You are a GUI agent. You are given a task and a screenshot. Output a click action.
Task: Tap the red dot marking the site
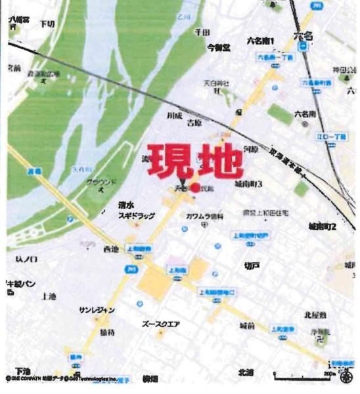pos(195,188)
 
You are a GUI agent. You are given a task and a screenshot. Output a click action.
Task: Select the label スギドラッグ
pos(135,215)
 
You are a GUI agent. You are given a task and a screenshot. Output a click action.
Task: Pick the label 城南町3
pos(247,185)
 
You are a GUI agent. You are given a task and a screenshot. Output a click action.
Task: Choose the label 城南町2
pos(322,227)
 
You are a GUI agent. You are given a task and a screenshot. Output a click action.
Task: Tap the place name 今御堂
pos(219,47)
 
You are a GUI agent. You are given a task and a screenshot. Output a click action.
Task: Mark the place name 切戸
pos(252,265)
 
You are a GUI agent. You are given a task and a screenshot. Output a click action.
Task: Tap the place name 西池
pos(111,250)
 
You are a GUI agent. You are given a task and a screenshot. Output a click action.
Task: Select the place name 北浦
pos(246,372)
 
